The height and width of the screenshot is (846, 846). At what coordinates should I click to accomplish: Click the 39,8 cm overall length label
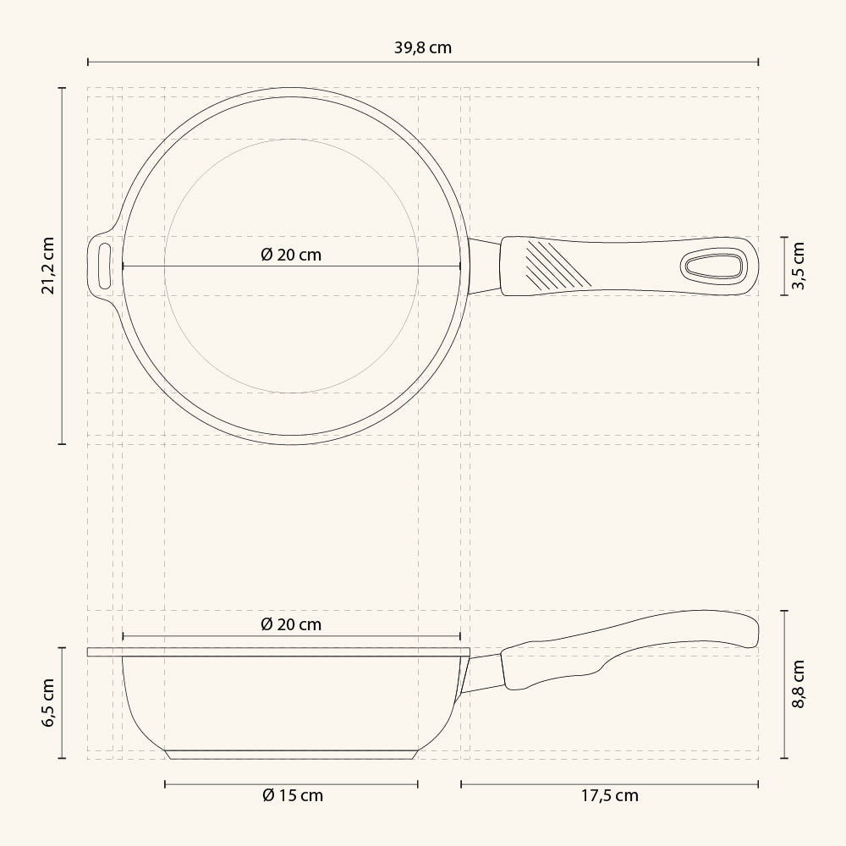(422, 47)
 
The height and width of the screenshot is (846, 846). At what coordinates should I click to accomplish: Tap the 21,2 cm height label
(48, 266)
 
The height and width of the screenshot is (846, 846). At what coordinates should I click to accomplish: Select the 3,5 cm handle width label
(798, 266)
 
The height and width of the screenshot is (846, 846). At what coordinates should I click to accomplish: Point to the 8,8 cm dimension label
(798, 684)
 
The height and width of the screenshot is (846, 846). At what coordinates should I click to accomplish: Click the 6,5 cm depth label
(48, 703)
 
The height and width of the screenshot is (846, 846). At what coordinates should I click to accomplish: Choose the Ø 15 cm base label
(293, 795)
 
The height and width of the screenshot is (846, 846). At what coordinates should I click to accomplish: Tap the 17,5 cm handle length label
(610, 796)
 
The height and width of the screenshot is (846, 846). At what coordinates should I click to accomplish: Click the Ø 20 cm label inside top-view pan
(291, 255)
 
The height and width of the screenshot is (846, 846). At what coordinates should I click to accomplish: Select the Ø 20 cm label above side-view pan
(291, 624)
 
